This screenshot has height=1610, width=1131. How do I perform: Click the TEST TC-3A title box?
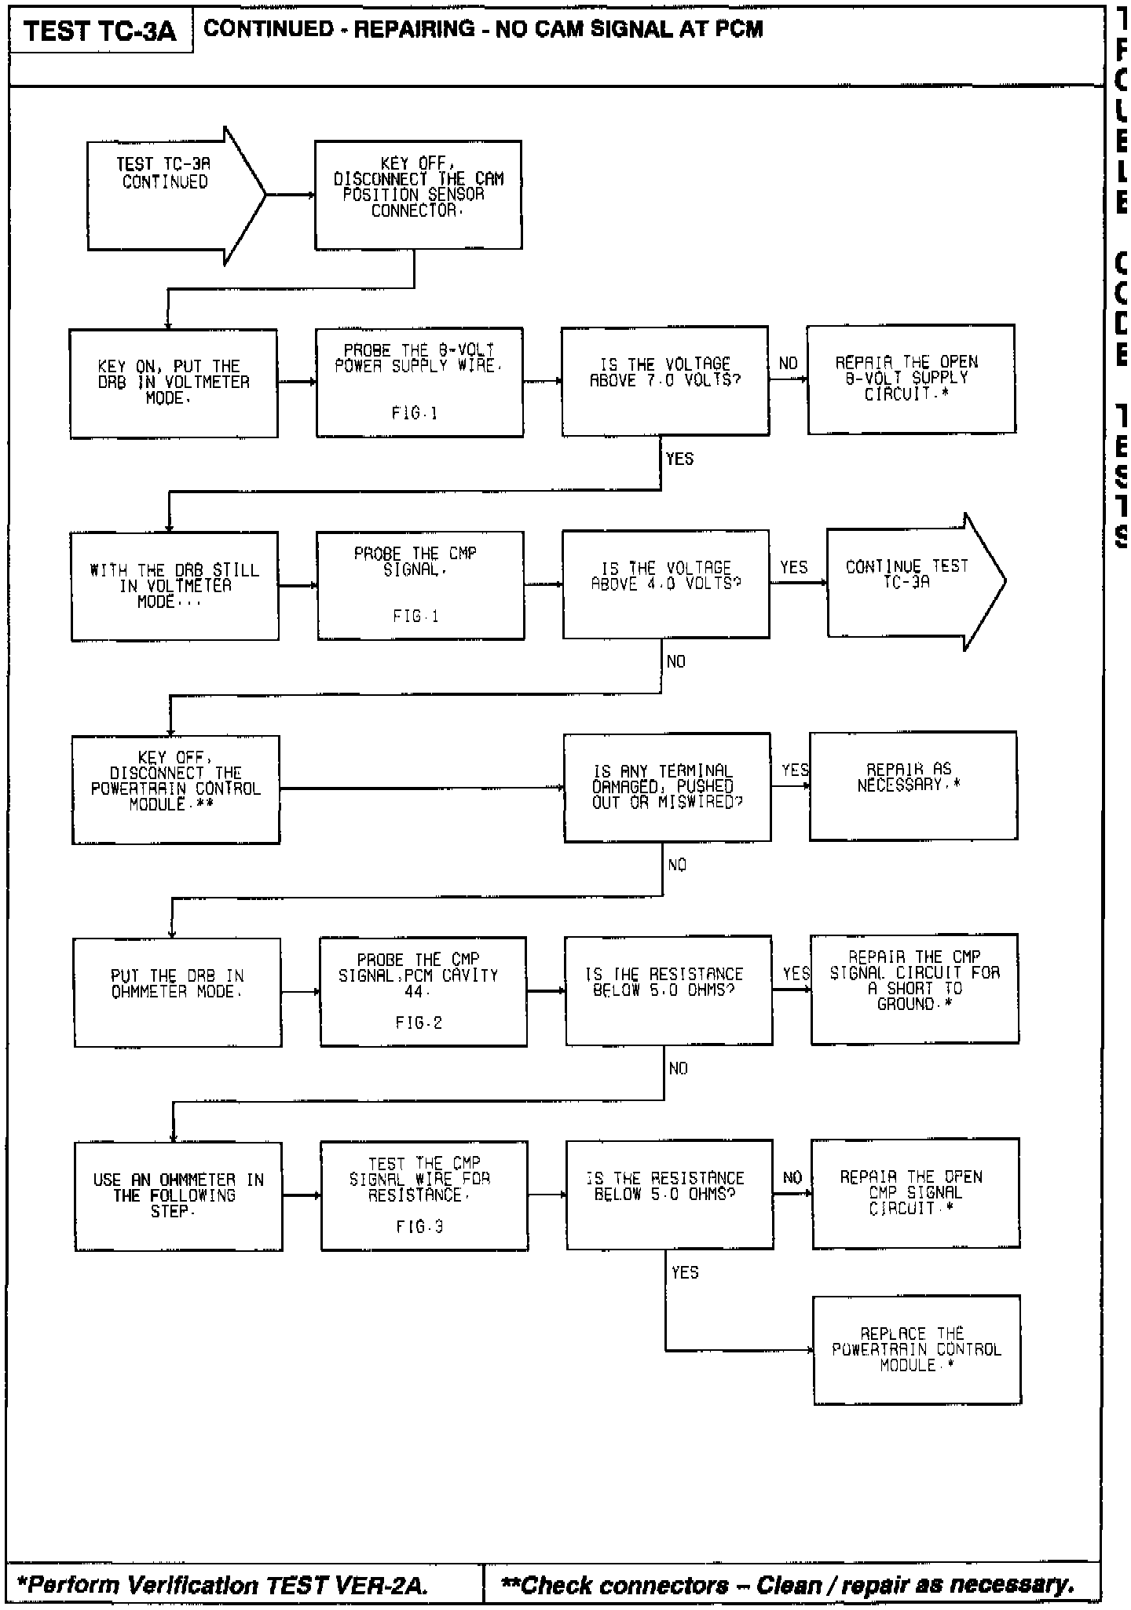coord(100,31)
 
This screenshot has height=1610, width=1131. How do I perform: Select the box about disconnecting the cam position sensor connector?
coord(418,195)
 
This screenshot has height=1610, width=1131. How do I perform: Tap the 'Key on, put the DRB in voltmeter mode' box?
coord(174,382)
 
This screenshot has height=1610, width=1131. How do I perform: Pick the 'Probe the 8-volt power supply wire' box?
coord(419,382)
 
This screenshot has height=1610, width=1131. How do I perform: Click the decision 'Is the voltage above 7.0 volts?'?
coord(664,381)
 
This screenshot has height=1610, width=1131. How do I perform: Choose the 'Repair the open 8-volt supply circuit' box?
coord(911,379)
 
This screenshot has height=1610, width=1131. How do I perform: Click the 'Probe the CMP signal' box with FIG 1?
coord(420,585)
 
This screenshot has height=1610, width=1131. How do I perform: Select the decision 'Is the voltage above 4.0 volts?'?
coord(665,584)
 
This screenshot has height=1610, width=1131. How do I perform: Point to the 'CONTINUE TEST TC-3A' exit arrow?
coord(911,582)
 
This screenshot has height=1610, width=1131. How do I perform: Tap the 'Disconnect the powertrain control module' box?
coord(176,789)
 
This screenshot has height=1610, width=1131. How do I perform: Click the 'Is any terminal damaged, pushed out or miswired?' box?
coord(667,787)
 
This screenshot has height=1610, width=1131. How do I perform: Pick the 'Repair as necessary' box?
coord(913,785)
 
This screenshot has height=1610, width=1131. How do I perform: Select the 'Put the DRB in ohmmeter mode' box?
coord(178,992)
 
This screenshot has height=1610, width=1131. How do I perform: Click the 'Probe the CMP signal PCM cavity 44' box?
coord(423,991)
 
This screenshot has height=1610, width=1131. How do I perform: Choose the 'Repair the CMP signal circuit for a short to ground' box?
coord(914,989)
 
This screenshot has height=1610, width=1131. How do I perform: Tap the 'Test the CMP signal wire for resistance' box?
coord(423,1195)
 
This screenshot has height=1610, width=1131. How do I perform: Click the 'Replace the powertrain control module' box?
coord(917,1350)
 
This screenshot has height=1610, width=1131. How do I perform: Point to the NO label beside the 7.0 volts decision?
coord(788,364)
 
